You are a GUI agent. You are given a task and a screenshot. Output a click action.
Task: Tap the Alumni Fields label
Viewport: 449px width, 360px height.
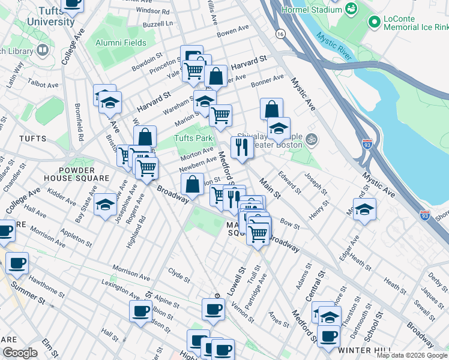[121, 43]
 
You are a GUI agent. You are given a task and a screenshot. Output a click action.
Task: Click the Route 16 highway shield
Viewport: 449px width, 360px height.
[280, 35]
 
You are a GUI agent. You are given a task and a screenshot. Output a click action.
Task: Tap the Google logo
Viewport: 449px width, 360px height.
[21, 353]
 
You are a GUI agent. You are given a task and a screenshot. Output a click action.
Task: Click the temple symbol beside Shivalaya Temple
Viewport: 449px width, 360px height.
[310, 139]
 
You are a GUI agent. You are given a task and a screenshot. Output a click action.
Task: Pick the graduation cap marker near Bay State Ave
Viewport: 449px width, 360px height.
[105, 205]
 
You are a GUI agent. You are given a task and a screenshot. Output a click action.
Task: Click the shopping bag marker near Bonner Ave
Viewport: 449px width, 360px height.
[271, 109]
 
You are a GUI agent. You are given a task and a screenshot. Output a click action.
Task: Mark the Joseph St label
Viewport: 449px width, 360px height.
[316, 184]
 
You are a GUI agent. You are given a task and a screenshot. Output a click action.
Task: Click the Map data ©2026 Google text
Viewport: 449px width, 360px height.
[411, 355]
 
